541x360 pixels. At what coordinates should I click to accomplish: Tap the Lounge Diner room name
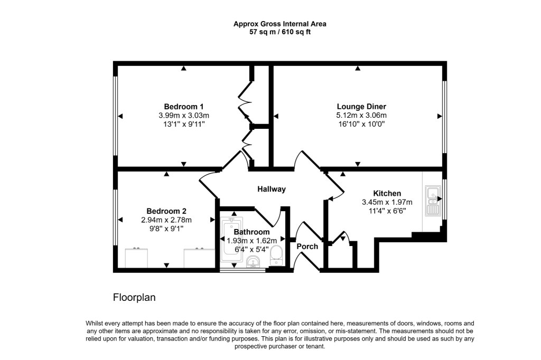coord(361,107)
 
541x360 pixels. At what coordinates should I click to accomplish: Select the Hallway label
coord(272,189)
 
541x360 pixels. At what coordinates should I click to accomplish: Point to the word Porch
coord(307,247)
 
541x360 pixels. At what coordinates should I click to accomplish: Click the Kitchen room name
coord(387,193)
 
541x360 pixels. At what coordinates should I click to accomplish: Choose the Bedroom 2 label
coord(166,211)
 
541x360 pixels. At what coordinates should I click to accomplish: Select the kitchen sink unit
coord(432,201)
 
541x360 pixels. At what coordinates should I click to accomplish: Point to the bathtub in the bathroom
coord(231,242)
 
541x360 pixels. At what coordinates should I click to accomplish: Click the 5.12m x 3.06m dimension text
coord(361,116)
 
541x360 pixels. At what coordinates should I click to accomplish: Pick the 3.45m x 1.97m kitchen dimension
coord(387,202)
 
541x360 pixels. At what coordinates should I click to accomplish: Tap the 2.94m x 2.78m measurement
coord(166,220)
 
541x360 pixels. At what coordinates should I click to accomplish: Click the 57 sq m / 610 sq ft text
coord(280,32)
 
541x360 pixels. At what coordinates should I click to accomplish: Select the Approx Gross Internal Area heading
coord(280,24)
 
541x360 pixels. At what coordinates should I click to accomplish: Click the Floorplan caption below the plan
coord(134,298)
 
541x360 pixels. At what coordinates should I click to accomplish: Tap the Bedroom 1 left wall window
coord(116,116)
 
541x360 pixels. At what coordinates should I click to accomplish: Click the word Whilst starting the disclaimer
coord(95,324)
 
